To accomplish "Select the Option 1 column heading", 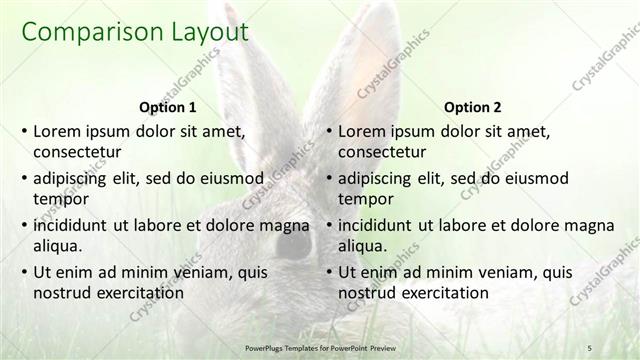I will click(167, 107).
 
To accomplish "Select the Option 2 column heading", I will click(472, 107).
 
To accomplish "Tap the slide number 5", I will click(589, 346).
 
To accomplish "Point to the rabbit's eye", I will click(293, 242).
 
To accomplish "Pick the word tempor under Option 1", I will click(61, 199).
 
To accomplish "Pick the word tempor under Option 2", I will click(366, 199).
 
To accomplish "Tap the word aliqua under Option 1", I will click(60, 246).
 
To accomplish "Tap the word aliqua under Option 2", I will click(365, 246).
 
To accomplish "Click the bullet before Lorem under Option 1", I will click(24, 131).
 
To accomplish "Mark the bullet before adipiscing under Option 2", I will click(329, 178).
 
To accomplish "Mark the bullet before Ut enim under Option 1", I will click(24, 272).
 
